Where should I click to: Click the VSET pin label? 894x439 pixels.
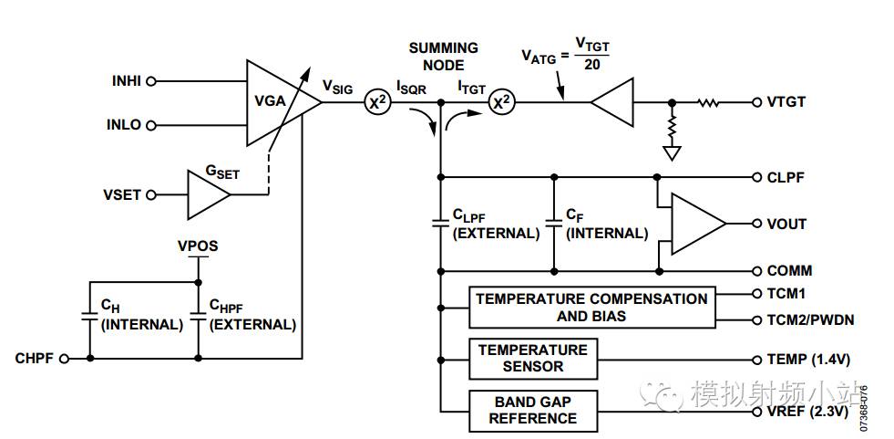coord(123,194)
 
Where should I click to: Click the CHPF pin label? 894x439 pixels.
coord(36,359)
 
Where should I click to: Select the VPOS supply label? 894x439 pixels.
coord(198,246)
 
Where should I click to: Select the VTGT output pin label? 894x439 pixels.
coord(785,102)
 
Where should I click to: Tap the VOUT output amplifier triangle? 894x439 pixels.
coord(695,224)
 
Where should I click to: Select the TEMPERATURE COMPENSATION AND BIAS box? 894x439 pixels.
coord(591,308)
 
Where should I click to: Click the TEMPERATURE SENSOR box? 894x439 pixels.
coord(532,358)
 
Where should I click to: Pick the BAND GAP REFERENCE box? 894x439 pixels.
coord(532,410)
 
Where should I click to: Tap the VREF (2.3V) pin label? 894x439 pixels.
coord(807,412)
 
